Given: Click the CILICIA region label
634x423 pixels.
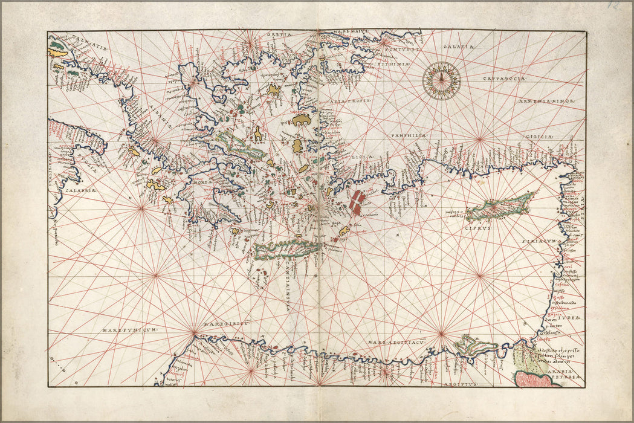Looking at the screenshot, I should click(x=535, y=138).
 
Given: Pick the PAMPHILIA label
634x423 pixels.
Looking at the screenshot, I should click(x=409, y=136).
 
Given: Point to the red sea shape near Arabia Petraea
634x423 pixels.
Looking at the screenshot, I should click(x=533, y=379).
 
